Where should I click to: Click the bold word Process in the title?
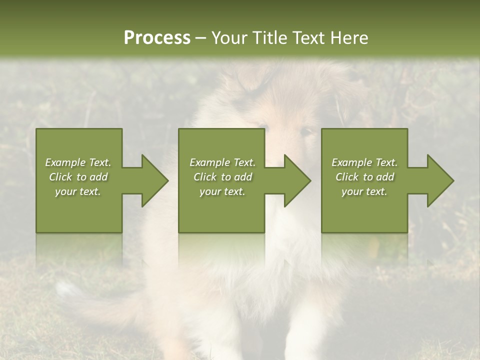tap(157, 38)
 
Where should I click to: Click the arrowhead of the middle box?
tap(297, 180)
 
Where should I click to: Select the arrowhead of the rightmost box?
tap(440, 180)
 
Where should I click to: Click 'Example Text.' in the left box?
tap(78, 162)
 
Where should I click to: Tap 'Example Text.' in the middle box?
tap(222, 162)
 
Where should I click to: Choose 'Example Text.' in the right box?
tap(364, 162)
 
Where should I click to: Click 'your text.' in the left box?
tap(78, 191)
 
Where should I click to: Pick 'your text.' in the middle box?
tap(222, 191)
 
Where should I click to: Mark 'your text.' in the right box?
tap(364, 191)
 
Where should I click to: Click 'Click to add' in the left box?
tap(78, 177)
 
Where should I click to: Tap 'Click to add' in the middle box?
tap(222, 177)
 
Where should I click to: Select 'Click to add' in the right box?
tap(364, 177)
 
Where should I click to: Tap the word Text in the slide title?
tap(307, 38)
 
